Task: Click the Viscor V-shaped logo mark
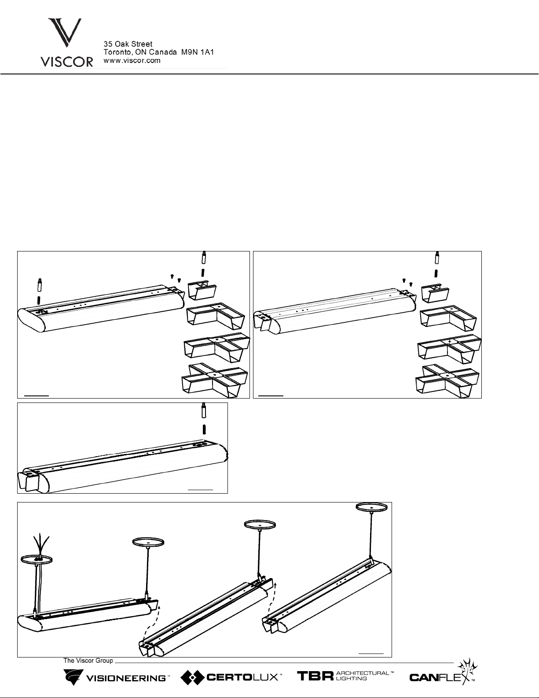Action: tap(65, 33)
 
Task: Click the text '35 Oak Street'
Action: tap(128, 44)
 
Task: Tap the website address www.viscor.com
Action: tap(132, 61)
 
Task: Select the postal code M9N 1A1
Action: tap(197, 52)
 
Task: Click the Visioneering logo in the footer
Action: tap(116, 678)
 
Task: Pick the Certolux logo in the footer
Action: tap(231, 678)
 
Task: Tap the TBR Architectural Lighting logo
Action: tap(345, 676)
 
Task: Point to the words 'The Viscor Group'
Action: tap(88, 661)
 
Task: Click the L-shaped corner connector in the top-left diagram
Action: tap(216, 316)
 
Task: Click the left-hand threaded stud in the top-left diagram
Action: tap(40, 291)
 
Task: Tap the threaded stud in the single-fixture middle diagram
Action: tap(203, 418)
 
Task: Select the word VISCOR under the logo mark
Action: tap(66, 62)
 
